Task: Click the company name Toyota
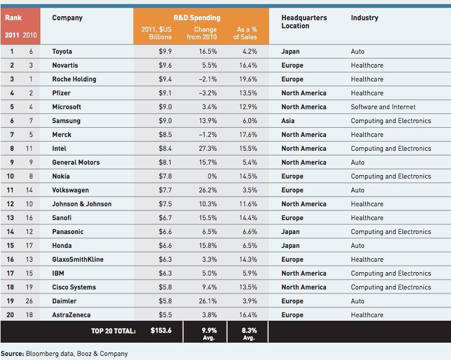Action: coord(62,51)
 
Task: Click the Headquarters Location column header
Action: coord(304,22)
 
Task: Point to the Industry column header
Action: coord(364,18)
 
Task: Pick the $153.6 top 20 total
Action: coord(161,331)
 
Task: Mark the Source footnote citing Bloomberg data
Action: coord(64,354)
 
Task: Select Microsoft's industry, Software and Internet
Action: coord(383,107)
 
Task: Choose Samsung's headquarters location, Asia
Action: coord(288,121)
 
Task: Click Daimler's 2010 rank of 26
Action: coord(29,301)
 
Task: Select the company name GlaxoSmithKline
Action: coord(77,259)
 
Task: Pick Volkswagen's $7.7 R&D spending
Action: coord(165,190)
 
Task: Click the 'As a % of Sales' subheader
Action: coord(245,34)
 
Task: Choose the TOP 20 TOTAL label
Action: coord(114,331)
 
